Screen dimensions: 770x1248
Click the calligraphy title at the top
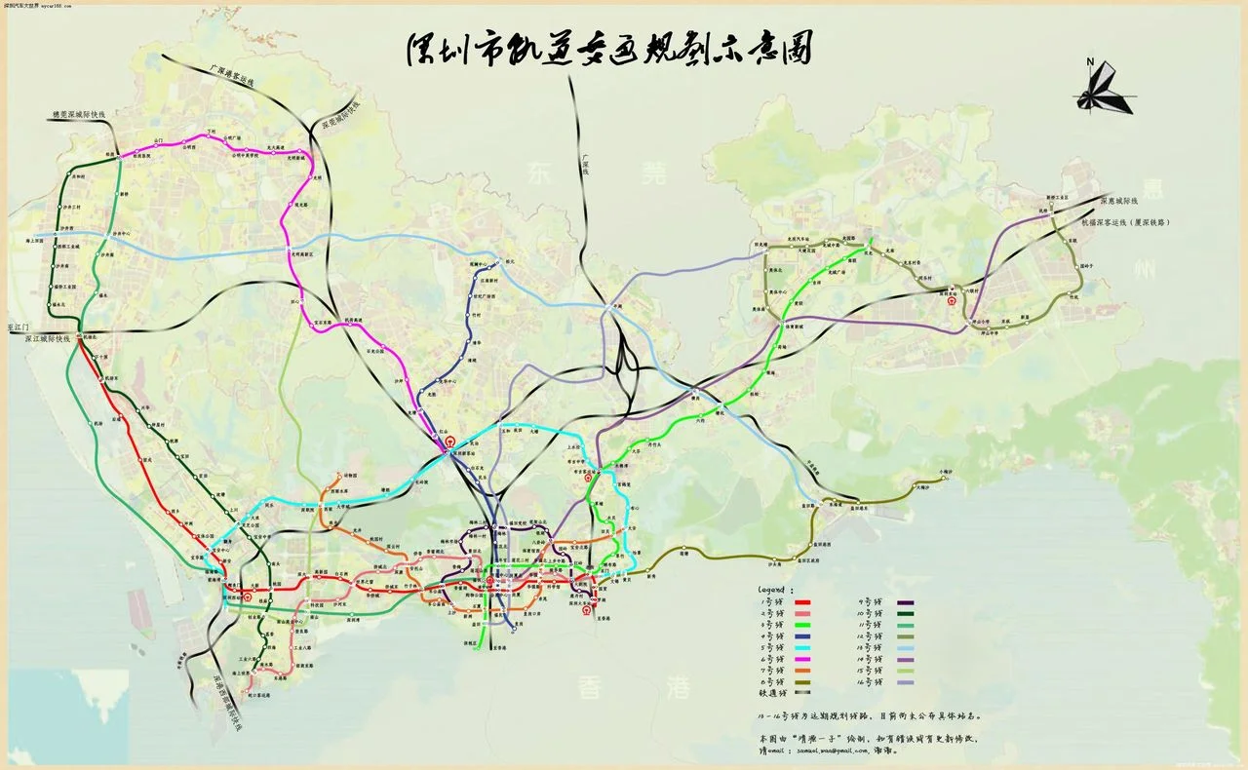[x=608, y=50]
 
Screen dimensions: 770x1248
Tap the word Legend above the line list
[x=777, y=590]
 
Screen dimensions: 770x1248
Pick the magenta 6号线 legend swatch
[x=825, y=659]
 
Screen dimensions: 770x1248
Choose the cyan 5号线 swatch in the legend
[x=825, y=648]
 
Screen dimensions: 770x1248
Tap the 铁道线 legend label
[x=774, y=693]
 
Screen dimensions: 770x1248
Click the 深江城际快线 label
[x=49, y=339]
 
